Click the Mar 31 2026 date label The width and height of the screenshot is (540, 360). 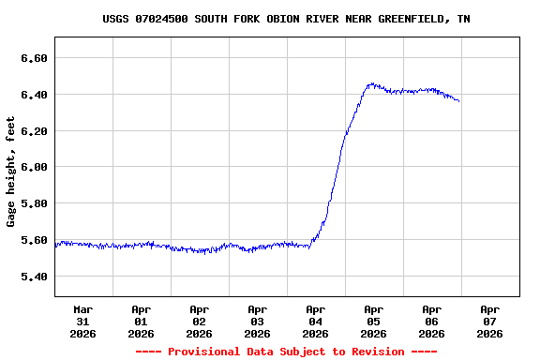[83, 321]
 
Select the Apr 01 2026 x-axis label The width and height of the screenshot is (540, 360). [142, 321]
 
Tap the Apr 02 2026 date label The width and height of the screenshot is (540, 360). [200, 321]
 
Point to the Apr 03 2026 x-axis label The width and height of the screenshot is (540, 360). [258, 321]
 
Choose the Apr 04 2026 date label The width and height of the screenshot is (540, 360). [316, 321]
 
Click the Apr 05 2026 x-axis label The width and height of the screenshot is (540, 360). [374, 321]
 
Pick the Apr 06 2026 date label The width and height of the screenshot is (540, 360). [432, 321]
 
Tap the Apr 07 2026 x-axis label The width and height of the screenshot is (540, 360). [490, 321]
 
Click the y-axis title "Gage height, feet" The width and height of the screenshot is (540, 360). [11, 172]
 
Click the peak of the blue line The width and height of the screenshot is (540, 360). [372, 83]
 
